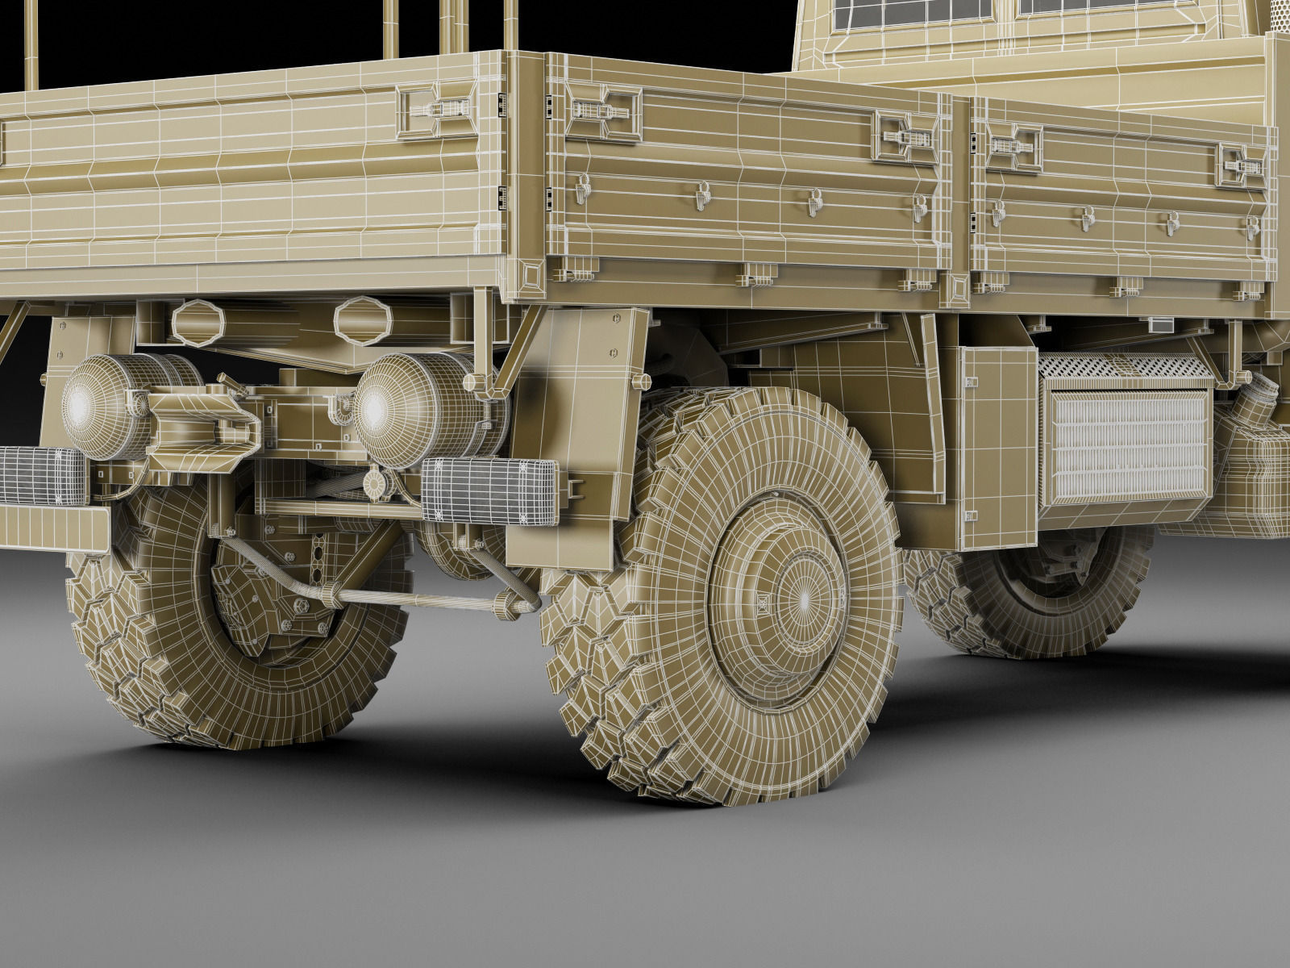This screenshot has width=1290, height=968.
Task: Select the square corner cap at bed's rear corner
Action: pos(532,277)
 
